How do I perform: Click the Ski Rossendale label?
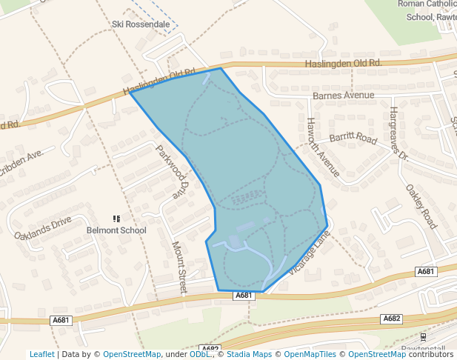coord(141,24)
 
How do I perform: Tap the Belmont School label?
coord(116,230)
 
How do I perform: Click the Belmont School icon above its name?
coord(116,219)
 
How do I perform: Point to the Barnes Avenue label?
coord(344,96)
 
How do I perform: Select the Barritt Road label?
coord(353,138)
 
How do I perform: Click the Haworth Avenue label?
coord(323,147)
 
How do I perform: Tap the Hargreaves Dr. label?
coord(398,134)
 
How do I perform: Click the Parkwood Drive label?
coord(170,170)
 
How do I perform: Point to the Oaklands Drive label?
coord(43,227)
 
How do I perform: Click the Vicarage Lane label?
coord(308,253)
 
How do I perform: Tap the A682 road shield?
coord(392,319)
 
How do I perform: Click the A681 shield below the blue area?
coord(244,296)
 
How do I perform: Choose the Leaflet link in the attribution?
coord(41,354)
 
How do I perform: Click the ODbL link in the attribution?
coord(200,354)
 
